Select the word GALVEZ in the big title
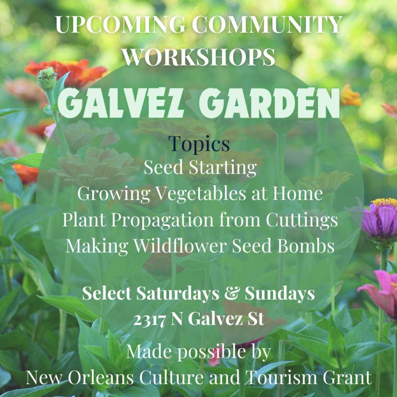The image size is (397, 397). pyautogui.click(x=121, y=103)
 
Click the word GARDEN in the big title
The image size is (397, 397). pyautogui.click(x=269, y=103)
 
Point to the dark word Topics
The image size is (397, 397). pyautogui.click(x=199, y=144)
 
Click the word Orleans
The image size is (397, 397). pyautogui.click(x=101, y=378)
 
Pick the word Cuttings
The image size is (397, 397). pyautogui.click(x=302, y=221)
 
